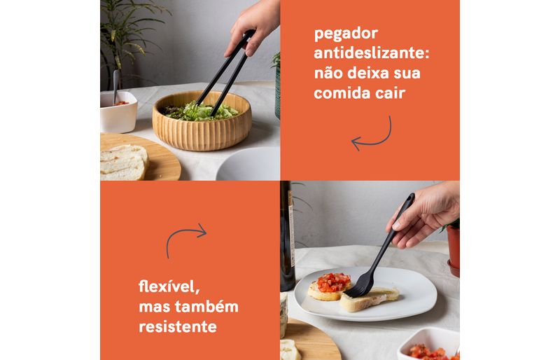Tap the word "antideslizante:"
(x=372, y=53)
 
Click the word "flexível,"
(x=169, y=286)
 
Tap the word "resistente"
(x=178, y=326)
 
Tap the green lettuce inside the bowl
(x=201, y=111)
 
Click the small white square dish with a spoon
(x=118, y=111)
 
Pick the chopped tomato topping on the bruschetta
(x=334, y=282)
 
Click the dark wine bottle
(x=287, y=236)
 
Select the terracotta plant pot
(x=453, y=251)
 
